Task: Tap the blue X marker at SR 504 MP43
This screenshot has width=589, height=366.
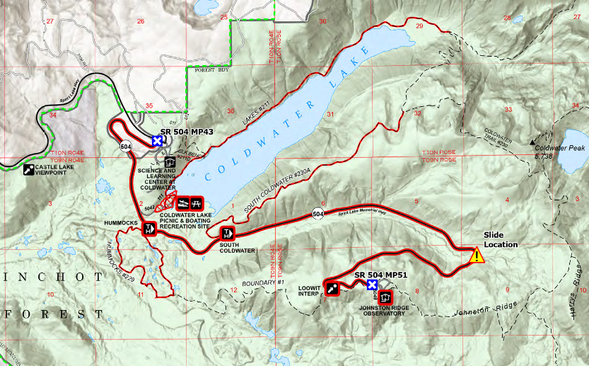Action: pos(157,142)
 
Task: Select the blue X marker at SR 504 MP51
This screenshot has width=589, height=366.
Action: pos(372,285)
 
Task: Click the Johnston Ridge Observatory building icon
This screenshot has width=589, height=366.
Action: pos(385,297)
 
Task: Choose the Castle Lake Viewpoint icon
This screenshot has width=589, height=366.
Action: pos(29,170)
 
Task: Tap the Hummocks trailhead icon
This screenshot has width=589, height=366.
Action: pos(149,229)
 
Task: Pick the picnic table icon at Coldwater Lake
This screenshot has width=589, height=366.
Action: pos(196,202)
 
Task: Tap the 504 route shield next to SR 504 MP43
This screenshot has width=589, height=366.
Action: pos(125,147)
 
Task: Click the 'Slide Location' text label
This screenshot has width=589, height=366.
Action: pos(500,240)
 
